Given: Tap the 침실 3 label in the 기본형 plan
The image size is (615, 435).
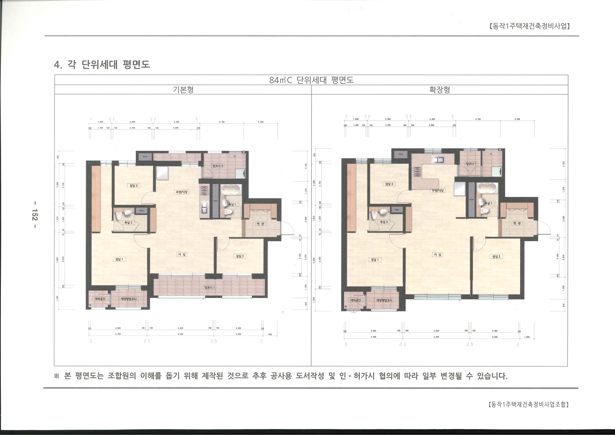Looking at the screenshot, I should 133,185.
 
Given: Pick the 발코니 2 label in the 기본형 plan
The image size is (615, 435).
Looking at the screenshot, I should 218,166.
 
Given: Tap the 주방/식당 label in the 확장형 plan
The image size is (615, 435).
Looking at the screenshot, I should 438,191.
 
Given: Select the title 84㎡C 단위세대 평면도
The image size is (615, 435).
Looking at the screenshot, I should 311,80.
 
